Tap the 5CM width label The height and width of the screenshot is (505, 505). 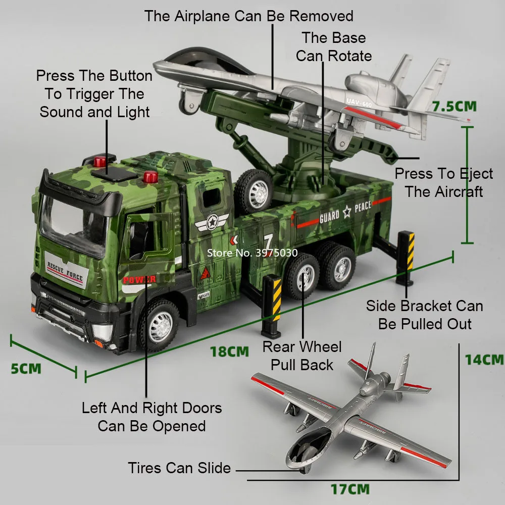tap(26, 368)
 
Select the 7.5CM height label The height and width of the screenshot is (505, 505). tap(454, 107)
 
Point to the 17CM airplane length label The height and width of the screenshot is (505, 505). tap(350, 489)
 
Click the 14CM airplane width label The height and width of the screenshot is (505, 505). tap(484, 360)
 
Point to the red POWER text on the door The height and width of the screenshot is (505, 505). tap(139, 279)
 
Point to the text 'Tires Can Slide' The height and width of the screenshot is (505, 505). tap(179, 468)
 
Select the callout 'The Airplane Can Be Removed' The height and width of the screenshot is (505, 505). tap(249, 16)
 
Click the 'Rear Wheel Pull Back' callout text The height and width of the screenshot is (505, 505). tap(302, 356)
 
